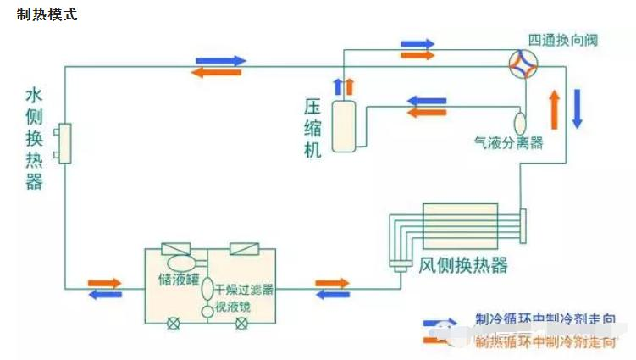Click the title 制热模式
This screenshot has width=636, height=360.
pyautogui.click(x=47, y=15)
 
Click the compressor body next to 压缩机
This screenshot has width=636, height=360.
pyautogui.click(x=344, y=125)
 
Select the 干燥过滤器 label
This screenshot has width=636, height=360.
pyautogui.click(x=244, y=289)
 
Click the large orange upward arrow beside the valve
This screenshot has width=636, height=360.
pyautogui.click(x=555, y=107)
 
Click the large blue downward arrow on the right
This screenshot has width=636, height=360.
pyautogui.click(x=578, y=107)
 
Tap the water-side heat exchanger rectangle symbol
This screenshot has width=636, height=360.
pyautogui.click(x=64, y=145)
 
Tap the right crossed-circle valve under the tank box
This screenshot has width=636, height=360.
pyautogui.click(x=252, y=323)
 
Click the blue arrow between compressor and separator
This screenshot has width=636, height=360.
pyautogui.click(x=427, y=102)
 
